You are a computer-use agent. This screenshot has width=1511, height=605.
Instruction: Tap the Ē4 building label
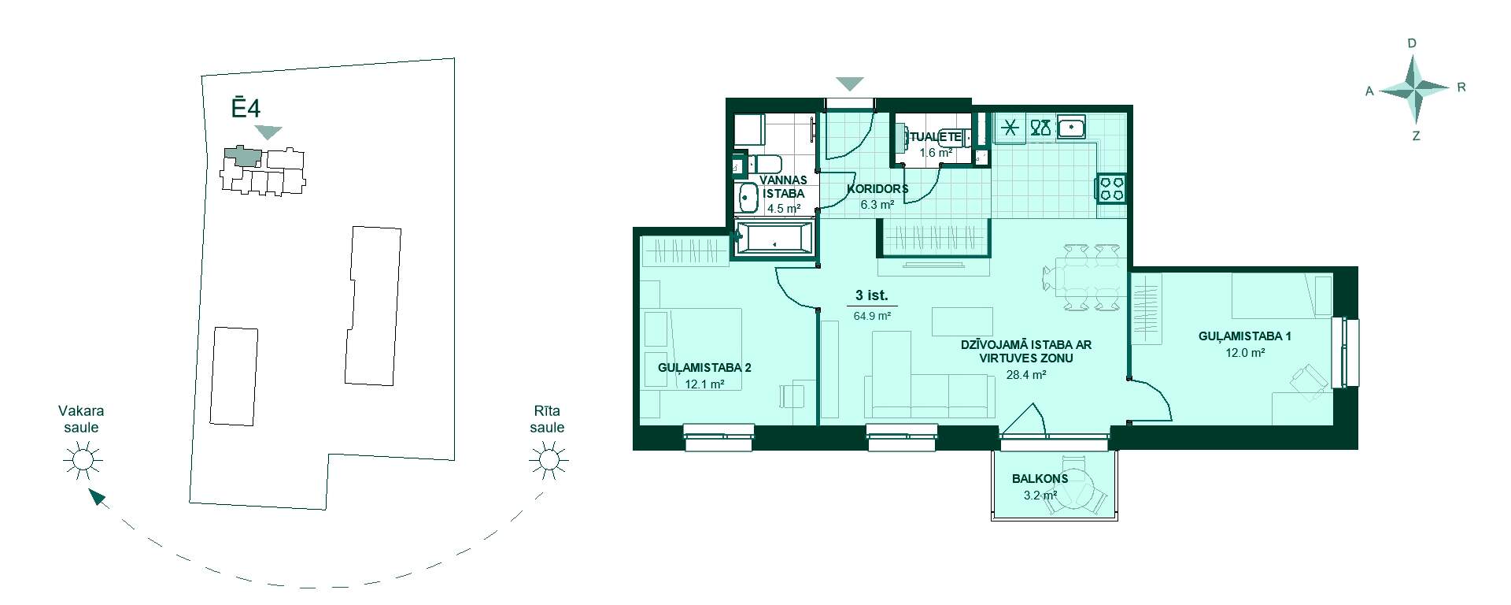coord(246,108)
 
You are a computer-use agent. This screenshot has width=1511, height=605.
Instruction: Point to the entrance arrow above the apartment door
coord(850,84)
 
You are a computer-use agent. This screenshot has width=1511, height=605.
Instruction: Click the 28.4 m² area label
coord(1026,376)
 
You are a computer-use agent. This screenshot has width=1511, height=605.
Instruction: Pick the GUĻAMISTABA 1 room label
coord(1245,336)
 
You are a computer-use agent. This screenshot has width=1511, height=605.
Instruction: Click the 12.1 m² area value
coord(704,384)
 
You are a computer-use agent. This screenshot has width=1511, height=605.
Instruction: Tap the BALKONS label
coord(1040,478)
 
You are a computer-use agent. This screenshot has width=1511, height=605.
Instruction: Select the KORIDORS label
coord(877,189)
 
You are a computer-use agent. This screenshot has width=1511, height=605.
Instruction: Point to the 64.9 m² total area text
coord(872,316)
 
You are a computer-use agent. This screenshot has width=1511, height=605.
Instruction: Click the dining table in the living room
coord(1081,277)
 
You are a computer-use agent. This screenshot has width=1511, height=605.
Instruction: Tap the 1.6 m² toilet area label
coord(937,153)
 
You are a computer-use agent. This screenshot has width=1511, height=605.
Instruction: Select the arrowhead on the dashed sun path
coord(98,498)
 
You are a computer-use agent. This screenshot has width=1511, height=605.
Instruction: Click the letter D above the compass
coord(1412,43)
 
